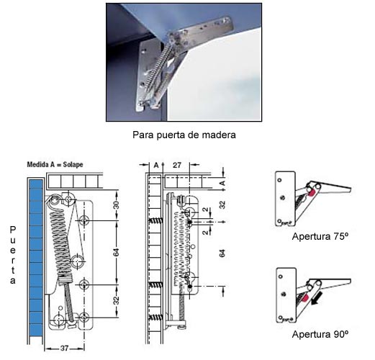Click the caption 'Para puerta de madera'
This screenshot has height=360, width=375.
click(184, 135)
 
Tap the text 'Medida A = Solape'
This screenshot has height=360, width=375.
click(55, 165)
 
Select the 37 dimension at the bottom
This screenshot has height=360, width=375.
click(64, 348)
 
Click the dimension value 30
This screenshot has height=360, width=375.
click(116, 205)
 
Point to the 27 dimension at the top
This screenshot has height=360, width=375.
click(177, 165)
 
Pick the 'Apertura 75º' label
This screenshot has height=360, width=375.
click(320, 237)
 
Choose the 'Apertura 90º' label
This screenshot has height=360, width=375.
click(320, 334)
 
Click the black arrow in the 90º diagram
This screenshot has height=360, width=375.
click(317, 300)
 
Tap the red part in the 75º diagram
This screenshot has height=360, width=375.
click(312, 192)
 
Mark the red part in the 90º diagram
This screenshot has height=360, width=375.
click(304, 298)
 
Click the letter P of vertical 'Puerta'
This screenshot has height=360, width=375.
click(12, 230)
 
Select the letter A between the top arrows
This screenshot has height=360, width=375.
click(156, 165)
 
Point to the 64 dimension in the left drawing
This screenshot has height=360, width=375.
click(116, 253)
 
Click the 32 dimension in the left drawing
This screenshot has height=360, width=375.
click(116, 300)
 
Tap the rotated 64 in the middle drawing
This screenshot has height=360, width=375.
click(222, 253)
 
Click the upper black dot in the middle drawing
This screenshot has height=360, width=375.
click(190, 222)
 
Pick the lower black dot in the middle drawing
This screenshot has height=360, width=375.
click(190, 287)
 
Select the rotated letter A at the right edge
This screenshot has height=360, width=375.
click(223, 184)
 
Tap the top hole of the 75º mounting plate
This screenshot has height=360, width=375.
click(279, 180)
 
